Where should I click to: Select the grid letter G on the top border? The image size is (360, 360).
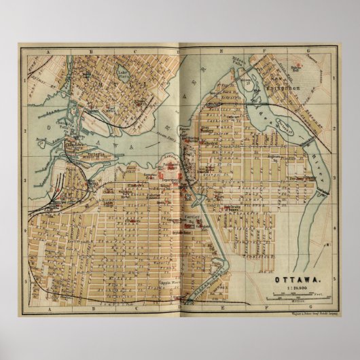tap(307, 49)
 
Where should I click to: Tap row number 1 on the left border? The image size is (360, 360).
tap(24, 79)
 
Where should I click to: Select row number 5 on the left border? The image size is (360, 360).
tap(24, 280)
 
